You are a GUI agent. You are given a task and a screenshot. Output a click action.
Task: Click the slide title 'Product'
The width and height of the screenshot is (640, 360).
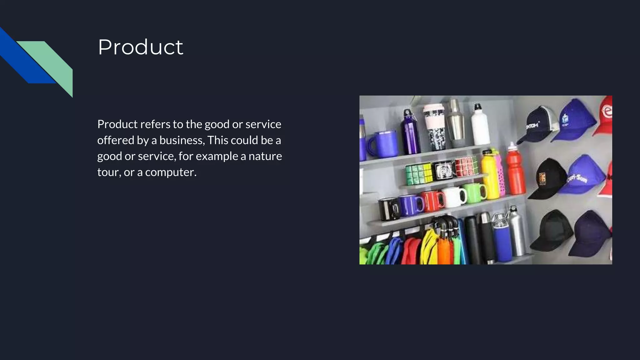coord(140,47)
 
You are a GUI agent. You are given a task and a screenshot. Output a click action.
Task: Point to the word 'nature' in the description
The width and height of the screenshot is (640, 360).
coord(265,156)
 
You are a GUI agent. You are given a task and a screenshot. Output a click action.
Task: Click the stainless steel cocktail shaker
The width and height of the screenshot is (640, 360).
coord(455,120)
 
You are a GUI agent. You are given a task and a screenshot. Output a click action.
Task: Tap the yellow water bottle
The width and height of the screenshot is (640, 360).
coord(490,175)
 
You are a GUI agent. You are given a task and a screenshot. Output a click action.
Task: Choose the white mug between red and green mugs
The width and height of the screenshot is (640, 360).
coord(453,197)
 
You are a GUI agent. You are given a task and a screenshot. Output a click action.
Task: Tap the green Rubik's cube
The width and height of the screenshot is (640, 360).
coord(419,174)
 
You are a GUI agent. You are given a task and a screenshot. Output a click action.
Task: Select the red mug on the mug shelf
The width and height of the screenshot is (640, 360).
coord(432,202)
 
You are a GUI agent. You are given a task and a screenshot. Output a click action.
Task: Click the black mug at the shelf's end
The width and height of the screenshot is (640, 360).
coord(388,209)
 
